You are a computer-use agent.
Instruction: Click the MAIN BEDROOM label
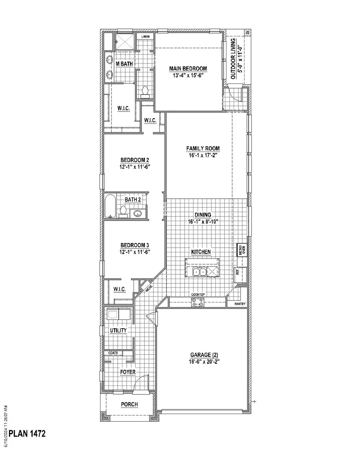tap(188, 68)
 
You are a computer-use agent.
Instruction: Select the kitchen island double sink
tap(199, 272)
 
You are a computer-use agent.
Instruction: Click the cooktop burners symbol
tap(198, 302)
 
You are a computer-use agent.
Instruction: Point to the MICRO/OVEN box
tap(242, 250)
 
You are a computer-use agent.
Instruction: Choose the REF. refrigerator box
tap(240, 274)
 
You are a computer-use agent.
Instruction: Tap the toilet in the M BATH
tap(145, 92)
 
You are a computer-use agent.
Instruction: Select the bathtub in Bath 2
tap(110, 206)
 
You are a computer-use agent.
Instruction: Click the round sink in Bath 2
tap(138, 213)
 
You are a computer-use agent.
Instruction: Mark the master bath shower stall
tap(125, 42)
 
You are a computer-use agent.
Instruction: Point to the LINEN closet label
tap(145, 37)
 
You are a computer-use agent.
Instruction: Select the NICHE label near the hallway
tap(149, 289)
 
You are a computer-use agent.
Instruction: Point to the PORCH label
tap(129, 404)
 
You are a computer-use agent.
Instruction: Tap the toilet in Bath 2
tap(123, 212)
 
